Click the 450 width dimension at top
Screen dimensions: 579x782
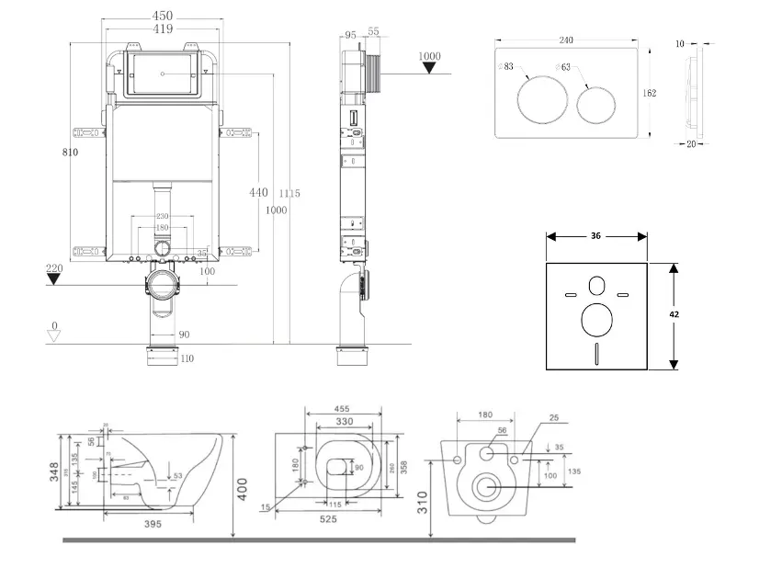click(163, 16)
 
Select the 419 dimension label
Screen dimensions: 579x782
click(163, 29)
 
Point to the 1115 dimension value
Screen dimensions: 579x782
click(289, 193)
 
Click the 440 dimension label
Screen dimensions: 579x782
click(258, 192)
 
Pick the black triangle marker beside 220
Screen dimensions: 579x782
click(54, 279)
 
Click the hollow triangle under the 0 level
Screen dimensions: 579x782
click(54, 336)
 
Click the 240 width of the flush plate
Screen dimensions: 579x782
click(566, 40)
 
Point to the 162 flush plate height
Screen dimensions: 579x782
click(649, 93)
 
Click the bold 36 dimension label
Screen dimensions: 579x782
click(595, 236)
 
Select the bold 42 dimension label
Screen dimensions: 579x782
click(674, 314)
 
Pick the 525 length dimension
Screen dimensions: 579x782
click(327, 519)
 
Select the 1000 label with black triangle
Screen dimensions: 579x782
click(429, 57)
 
